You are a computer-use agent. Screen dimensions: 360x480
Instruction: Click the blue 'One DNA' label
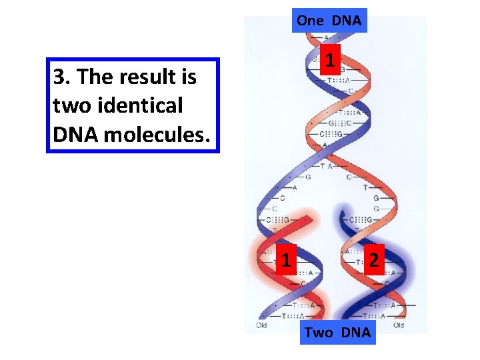click(x=329, y=21)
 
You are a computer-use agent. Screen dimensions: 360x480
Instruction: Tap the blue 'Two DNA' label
click(x=337, y=332)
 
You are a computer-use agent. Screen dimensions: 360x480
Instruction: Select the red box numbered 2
click(x=373, y=259)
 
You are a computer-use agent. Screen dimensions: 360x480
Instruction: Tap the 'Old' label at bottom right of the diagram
click(x=398, y=325)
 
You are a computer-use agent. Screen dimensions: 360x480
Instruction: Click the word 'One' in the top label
click(x=310, y=21)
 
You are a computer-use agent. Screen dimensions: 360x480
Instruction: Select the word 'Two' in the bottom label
click(x=317, y=332)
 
